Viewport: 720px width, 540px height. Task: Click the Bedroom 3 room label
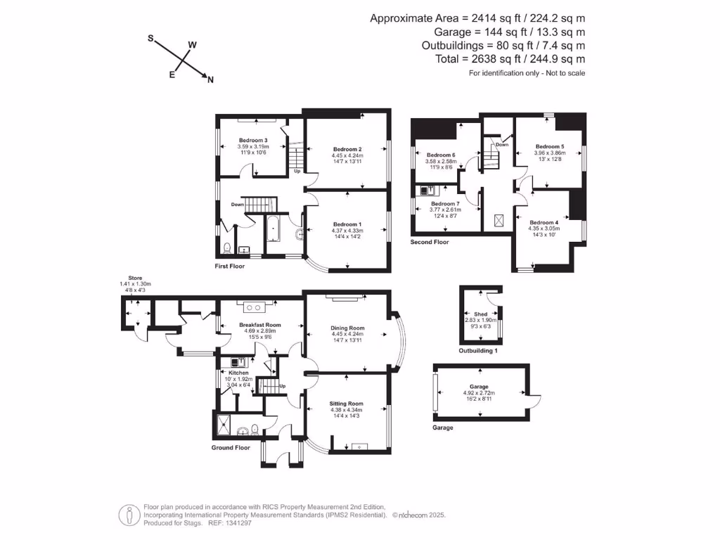252,140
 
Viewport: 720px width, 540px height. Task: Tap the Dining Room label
347,328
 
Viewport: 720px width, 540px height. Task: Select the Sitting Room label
347,404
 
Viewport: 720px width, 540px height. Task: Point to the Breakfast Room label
260,325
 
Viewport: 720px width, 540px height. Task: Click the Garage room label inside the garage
480,387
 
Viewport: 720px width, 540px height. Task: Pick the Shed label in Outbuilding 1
480,314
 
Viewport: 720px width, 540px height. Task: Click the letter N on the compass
210,80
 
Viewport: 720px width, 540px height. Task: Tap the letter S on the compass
150,39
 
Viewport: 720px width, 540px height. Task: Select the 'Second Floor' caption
429,242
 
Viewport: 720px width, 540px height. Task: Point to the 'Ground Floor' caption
231,447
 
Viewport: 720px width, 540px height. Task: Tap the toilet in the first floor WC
226,247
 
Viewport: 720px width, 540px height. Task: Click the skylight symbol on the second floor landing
499,220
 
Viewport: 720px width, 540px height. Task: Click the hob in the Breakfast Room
253,307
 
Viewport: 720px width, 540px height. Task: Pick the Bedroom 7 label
444,204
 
